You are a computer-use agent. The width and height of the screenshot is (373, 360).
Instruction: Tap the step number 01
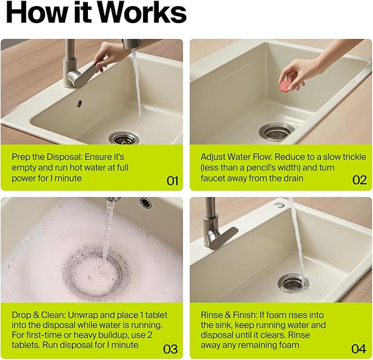point(172,181)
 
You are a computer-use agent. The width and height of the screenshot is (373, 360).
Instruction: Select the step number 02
point(359,180)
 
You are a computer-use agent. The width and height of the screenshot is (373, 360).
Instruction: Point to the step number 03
point(170,349)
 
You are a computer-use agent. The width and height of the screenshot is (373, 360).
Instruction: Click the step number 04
point(359,349)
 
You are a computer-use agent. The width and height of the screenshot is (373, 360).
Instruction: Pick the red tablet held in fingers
point(284,85)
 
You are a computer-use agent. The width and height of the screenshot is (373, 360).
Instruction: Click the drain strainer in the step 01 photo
point(124,139)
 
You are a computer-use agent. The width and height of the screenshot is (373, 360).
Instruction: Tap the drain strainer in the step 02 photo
point(277,131)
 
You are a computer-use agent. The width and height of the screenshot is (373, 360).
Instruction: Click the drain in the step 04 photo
point(293,283)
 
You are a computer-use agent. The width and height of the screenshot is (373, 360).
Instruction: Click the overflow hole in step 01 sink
point(79,103)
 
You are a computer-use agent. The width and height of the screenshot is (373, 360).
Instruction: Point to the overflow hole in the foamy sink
point(146,203)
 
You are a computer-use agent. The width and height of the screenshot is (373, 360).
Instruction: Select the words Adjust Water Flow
point(236,157)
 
